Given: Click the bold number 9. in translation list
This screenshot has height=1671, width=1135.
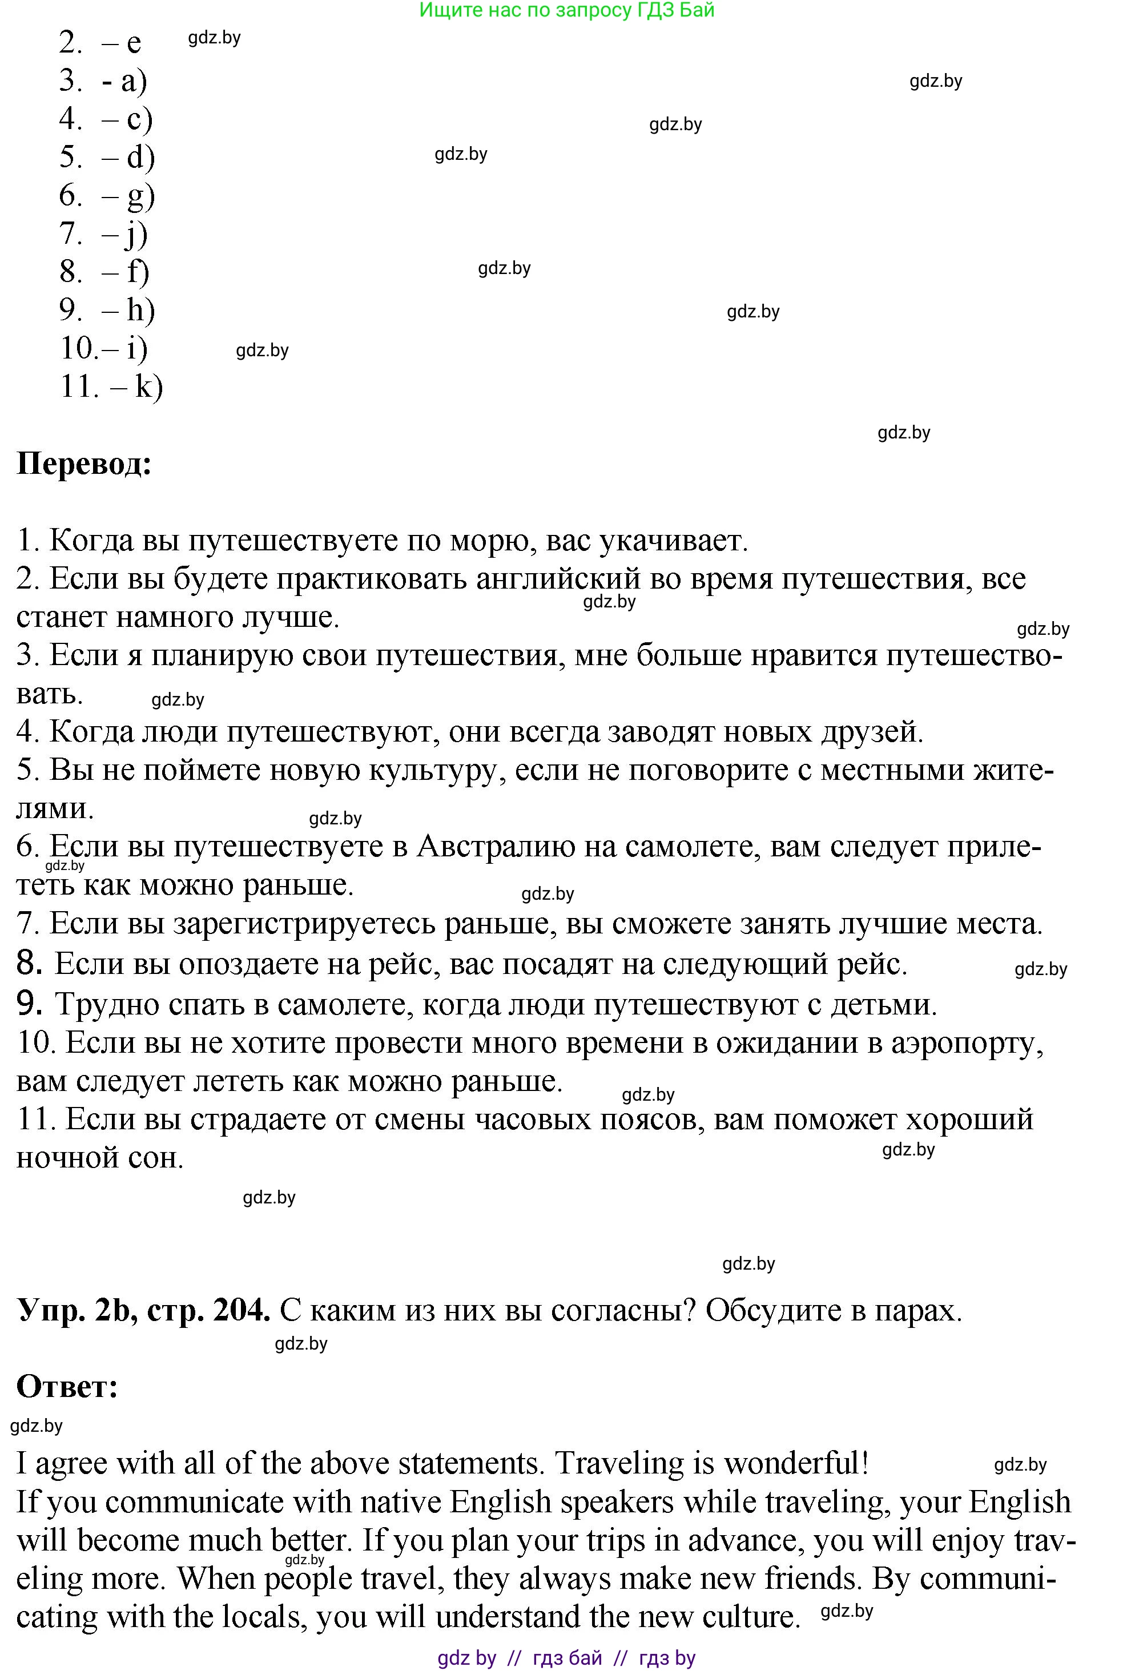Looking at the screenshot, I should click(x=30, y=1004).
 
